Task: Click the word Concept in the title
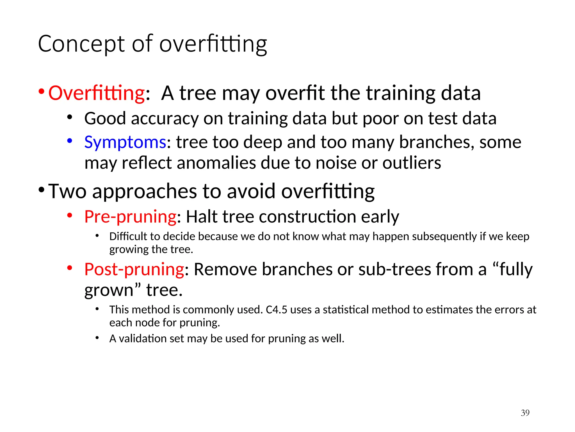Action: click(81, 44)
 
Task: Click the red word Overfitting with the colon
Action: click(97, 93)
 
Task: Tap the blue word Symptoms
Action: click(125, 142)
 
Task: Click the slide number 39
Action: click(525, 413)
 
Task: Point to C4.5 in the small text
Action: click(276, 310)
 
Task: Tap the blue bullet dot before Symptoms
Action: click(70, 141)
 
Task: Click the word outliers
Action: click(412, 163)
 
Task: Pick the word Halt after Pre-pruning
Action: click(202, 217)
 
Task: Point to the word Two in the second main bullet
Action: click(67, 191)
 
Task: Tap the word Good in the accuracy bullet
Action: click(105, 118)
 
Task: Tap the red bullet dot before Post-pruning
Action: click(70, 268)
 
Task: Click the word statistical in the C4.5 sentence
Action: click(345, 310)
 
